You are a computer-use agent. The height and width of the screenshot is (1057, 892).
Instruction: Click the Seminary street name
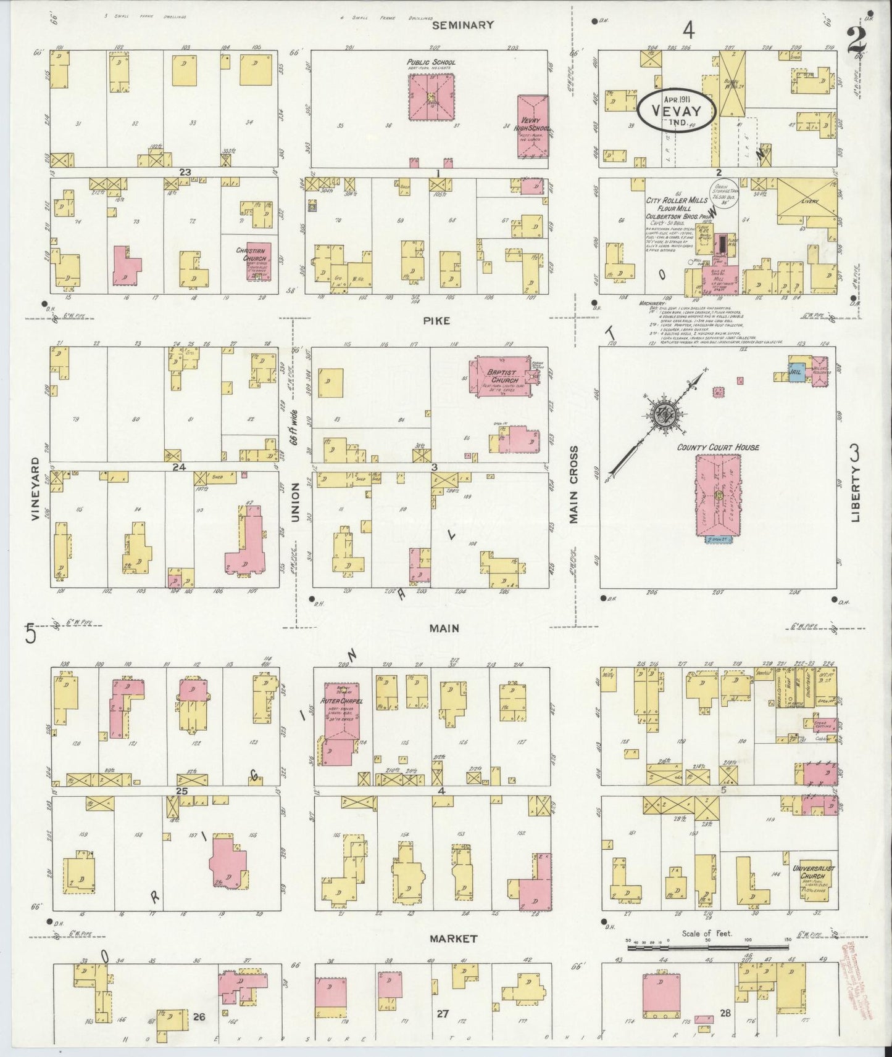pyautogui.click(x=472, y=25)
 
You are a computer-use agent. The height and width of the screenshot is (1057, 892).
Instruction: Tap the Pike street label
pyautogui.click(x=436, y=321)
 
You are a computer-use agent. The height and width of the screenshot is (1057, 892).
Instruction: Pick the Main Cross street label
pyautogui.click(x=573, y=485)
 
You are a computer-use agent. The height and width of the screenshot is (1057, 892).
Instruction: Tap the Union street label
pyautogui.click(x=294, y=503)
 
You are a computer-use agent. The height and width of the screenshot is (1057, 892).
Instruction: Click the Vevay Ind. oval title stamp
pyautogui.click(x=677, y=110)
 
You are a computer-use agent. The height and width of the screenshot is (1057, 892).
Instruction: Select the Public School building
pyautogui.click(x=431, y=97)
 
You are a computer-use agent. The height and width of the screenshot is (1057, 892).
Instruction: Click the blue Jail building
pyautogui.click(x=796, y=370)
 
